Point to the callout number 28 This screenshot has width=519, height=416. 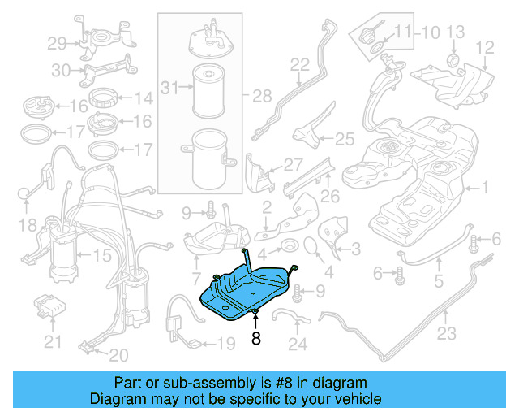coord(261,97)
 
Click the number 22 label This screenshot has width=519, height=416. coord(300,64)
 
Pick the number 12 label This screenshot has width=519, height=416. coord(484,48)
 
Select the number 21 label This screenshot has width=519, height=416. coord(53,343)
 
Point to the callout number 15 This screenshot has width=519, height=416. coord(102,255)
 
